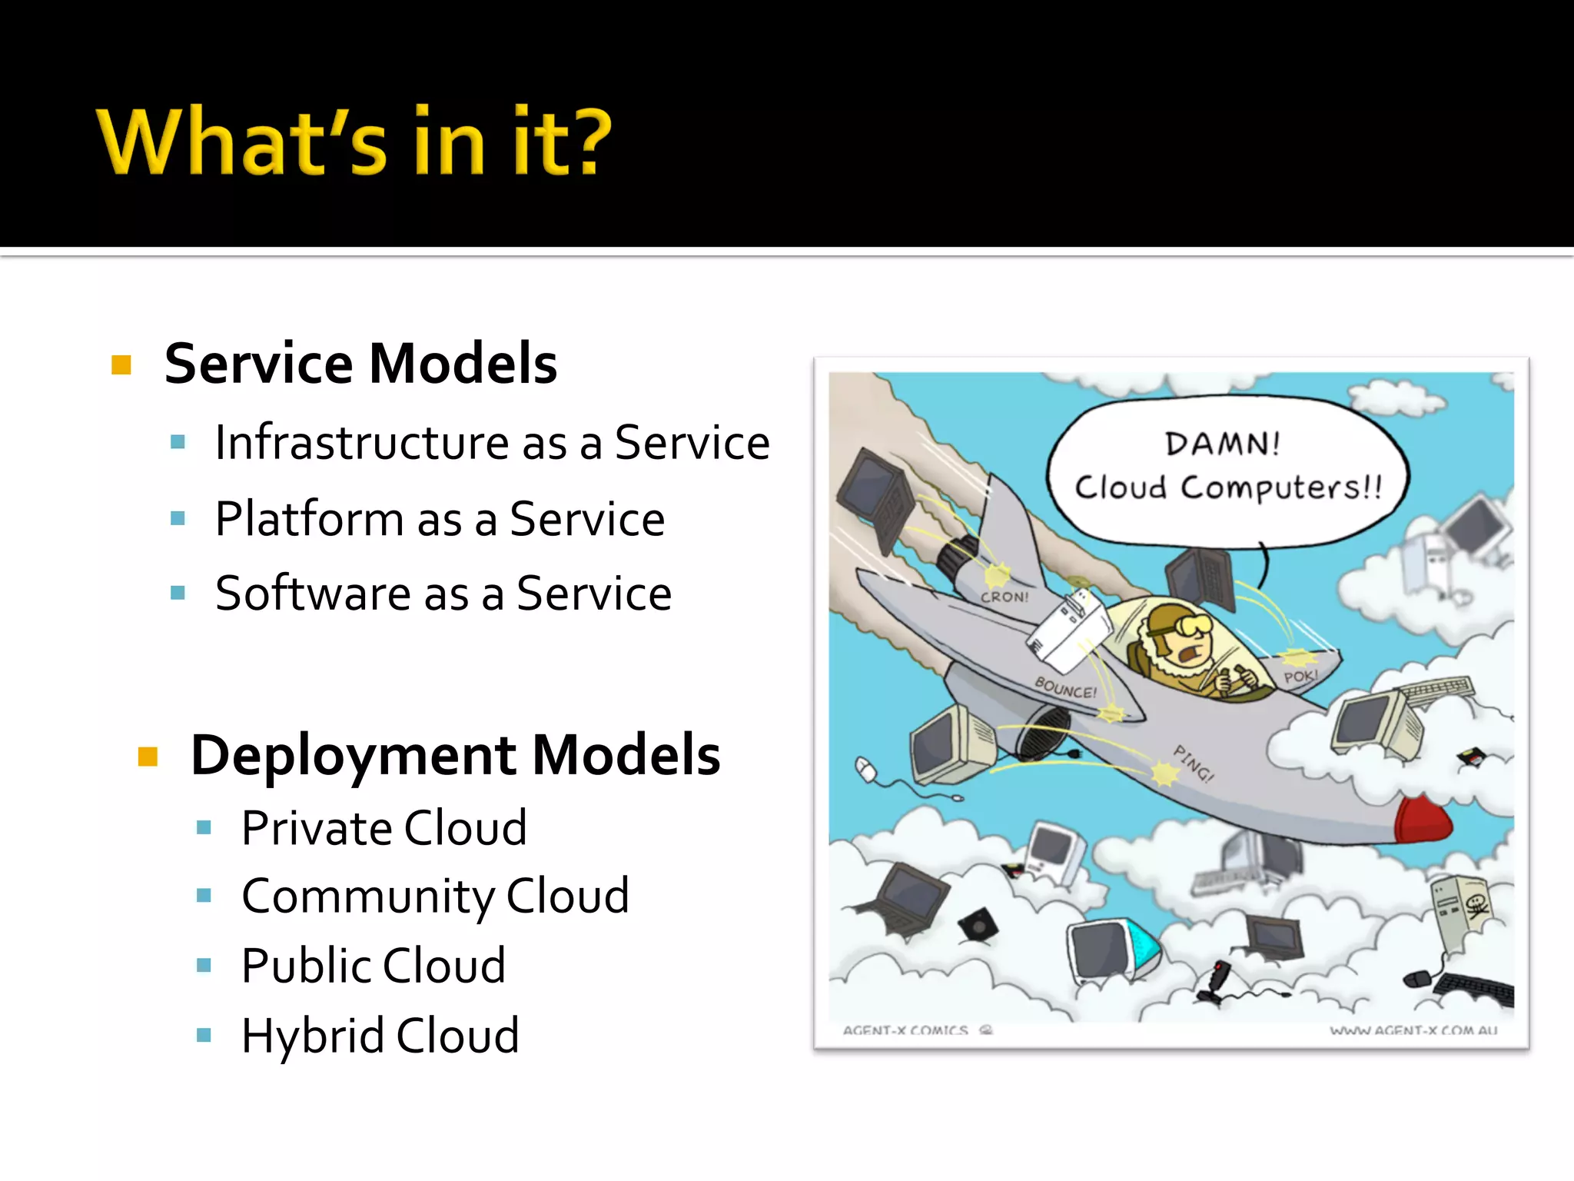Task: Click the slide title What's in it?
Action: point(354,142)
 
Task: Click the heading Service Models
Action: point(360,363)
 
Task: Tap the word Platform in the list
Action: point(309,519)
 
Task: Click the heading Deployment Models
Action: point(455,755)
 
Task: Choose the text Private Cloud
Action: point(384,828)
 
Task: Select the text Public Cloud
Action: point(374,966)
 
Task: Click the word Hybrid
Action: point(312,1036)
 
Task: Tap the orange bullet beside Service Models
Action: point(121,364)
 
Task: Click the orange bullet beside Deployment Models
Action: point(148,757)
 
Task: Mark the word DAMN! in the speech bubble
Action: point(1222,444)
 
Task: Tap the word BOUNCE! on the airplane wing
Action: point(1065,687)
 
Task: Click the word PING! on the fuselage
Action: point(1193,763)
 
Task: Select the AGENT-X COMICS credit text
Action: point(905,1030)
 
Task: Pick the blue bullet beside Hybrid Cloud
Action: point(204,1035)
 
